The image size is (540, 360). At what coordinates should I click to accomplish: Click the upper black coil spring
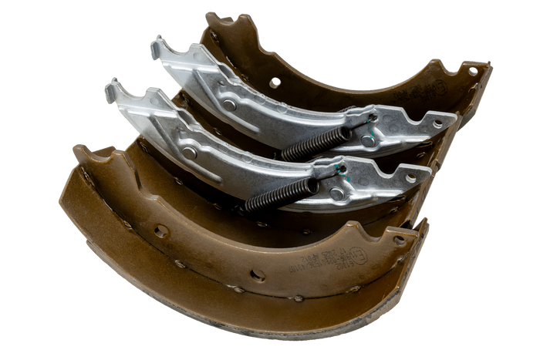point(316,143)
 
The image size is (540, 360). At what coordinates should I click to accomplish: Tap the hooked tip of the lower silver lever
point(111,84)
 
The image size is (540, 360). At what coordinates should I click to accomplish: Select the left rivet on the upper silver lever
point(228,104)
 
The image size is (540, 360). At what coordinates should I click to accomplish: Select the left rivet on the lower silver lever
point(189,152)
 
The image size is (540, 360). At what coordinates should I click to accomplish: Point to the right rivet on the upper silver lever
point(368,140)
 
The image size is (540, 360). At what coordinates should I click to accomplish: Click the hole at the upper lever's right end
point(437,123)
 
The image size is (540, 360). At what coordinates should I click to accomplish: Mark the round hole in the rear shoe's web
point(275,81)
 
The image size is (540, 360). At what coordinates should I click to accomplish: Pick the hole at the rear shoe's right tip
point(473,72)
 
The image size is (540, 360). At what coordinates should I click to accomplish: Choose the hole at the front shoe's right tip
point(398,240)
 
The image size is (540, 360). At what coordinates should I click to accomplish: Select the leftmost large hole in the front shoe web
point(160,230)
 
